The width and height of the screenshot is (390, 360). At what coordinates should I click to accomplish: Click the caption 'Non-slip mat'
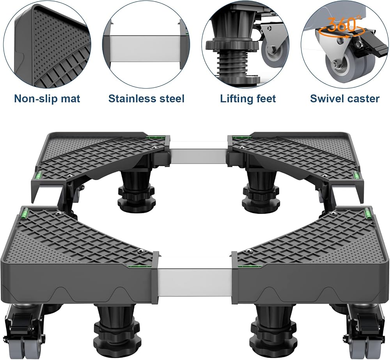47,98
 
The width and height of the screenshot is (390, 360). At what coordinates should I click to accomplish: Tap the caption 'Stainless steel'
146,98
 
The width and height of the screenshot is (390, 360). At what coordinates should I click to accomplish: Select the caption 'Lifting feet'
248,98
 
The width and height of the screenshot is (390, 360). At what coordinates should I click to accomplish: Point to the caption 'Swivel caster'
344,98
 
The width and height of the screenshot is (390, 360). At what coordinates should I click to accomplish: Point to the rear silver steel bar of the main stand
198,156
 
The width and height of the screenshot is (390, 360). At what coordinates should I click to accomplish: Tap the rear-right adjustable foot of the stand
259,193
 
